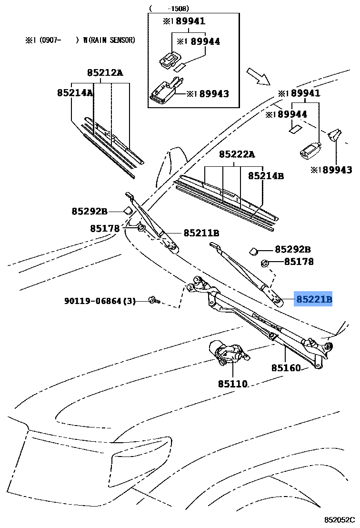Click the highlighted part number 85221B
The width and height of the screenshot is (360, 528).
313,299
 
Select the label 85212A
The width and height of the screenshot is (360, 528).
105,73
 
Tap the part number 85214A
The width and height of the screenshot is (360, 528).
75,93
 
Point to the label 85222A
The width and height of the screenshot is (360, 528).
237,154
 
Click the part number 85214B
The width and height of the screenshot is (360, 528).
265,176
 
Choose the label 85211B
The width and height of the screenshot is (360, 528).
201,233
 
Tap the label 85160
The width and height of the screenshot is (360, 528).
286,368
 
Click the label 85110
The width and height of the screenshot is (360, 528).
233,384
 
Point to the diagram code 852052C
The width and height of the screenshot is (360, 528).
340,519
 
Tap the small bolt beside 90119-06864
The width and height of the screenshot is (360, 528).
153,300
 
